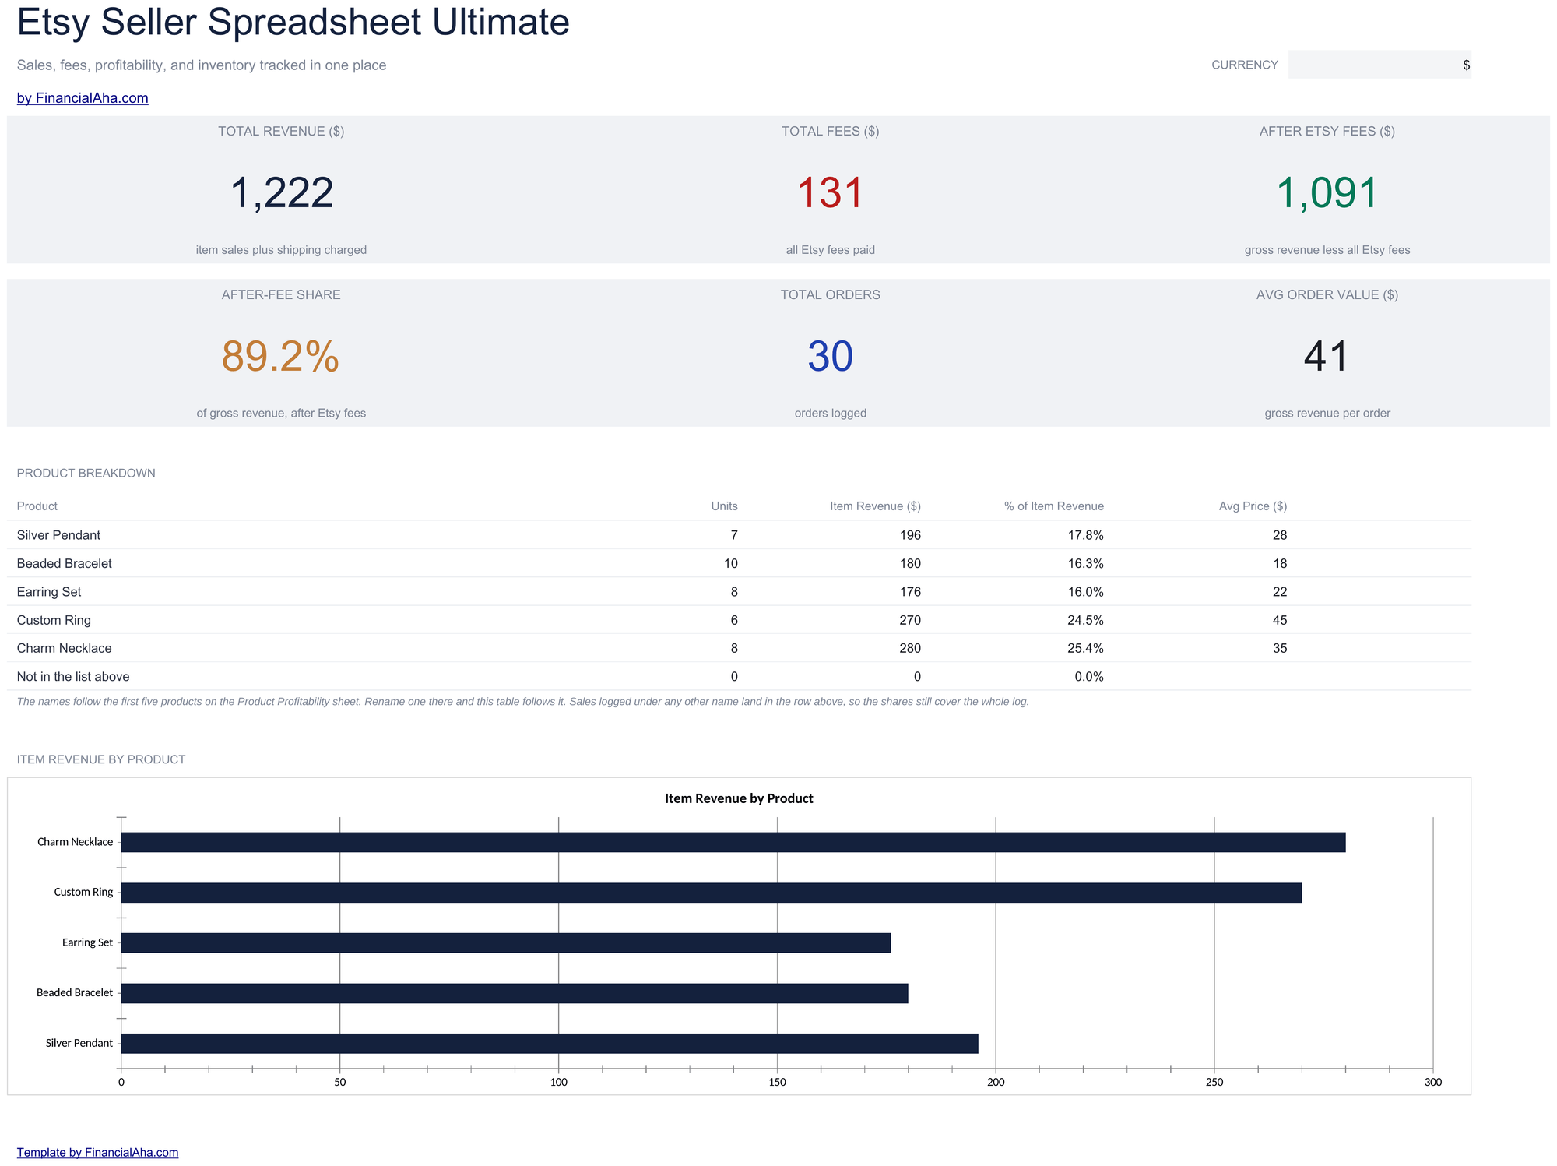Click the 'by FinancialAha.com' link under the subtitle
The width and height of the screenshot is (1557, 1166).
point(83,98)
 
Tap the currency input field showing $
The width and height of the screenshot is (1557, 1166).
point(1380,65)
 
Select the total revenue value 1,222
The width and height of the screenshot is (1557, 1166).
point(282,192)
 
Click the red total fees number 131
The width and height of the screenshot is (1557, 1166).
point(831,192)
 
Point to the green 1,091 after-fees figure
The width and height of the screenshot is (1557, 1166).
point(1327,192)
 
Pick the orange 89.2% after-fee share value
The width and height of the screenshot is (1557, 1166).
point(281,356)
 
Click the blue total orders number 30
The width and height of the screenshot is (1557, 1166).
point(831,356)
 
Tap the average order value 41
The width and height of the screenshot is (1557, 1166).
point(1327,356)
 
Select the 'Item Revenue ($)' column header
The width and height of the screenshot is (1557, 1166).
point(875,506)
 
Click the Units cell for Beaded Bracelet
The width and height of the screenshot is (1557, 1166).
point(731,563)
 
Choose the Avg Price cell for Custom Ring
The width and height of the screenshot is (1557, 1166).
point(1280,620)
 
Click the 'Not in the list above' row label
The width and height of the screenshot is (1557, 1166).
point(73,677)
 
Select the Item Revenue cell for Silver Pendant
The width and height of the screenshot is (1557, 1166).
point(910,535)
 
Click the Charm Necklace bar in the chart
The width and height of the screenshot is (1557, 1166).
point(733,842)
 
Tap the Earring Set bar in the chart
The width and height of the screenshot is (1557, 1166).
point(506,942)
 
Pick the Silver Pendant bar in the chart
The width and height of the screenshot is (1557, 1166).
point(550,1044)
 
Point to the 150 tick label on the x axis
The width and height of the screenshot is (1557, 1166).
point(777,1082)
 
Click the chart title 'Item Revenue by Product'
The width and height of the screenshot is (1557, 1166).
point(739,798)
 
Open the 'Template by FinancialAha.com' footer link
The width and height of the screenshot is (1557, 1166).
point(97,1152)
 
